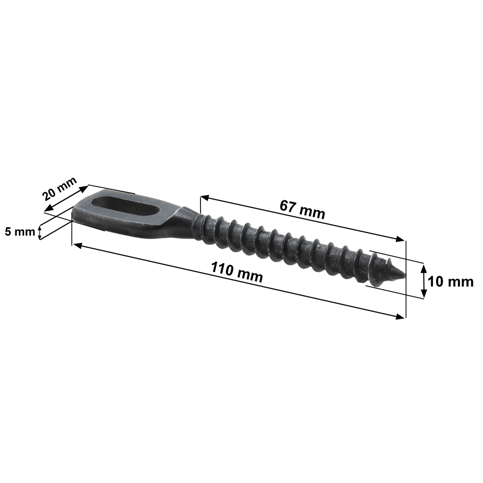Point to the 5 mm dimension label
(x=20, y=232)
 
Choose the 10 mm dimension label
(x=451, y=282)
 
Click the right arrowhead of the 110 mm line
(x=400, y=317)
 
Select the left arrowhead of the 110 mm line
(x=77, y=245)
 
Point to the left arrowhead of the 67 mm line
(x=205, y=198)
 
